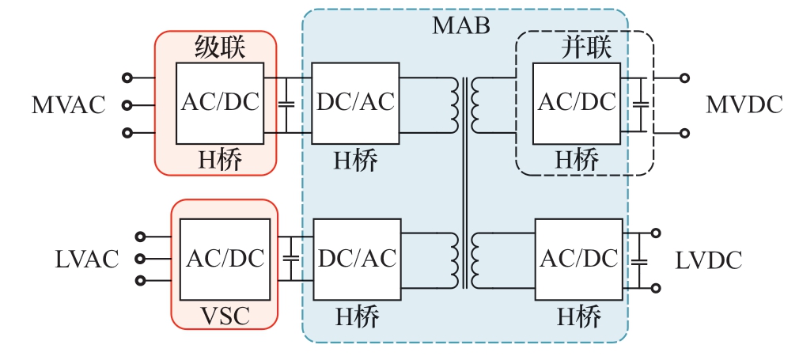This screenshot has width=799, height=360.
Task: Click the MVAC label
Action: [x=68, y=105]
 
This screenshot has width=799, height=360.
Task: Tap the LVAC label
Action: [x=87, y=258]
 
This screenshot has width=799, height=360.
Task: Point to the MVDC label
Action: [x=744, y=104]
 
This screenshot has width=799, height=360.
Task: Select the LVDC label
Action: [x=709, y=260]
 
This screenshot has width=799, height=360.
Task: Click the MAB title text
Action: [x=461, y=25]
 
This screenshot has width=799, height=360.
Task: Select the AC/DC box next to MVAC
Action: [x=220, y=103]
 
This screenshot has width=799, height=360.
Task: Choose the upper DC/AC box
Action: [x=355, y=103]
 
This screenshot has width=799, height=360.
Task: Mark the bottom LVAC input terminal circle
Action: [x=142, y=280]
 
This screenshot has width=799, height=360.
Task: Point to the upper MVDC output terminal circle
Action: [x=685, y=78]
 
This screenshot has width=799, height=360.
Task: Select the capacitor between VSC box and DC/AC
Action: [x=292, y=259]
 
